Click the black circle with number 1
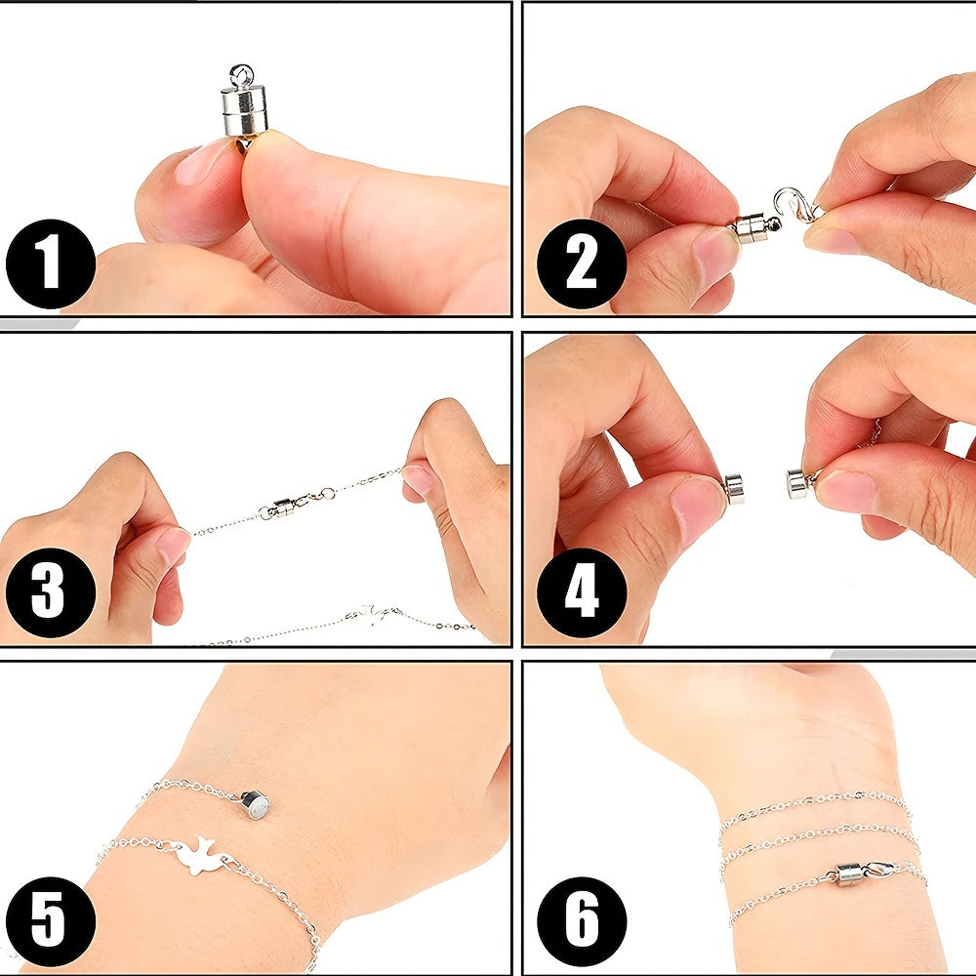pos(51,264)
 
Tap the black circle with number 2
pos(582,264)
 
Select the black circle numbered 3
pos(51,592)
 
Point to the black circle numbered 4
pos(582,592)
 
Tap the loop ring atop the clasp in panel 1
pos(241,76)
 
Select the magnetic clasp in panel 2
pos(754,226)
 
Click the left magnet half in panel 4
pos(734,489)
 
